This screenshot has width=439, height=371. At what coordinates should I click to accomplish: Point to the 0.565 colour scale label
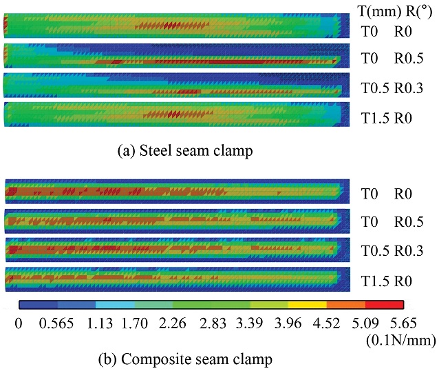[57, 322]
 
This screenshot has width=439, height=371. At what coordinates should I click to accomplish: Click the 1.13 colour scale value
[96, 322]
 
